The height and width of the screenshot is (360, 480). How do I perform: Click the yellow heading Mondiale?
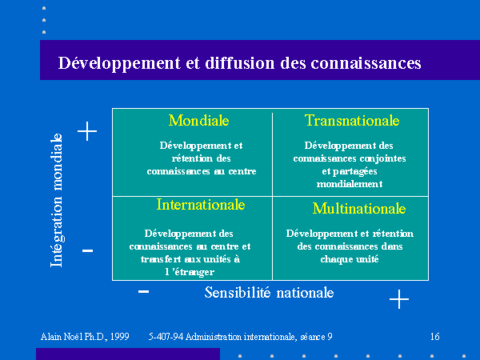tap(198, 120)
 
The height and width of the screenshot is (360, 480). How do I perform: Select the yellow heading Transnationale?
tap(352, 120)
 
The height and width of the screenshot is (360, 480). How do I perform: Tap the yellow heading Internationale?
tap(201, 205)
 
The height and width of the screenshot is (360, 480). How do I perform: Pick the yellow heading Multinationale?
tap(359, 209)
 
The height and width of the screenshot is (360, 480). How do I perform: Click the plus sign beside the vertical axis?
tap(87, 131)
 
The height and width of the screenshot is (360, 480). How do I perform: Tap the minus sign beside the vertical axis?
tap(87, 250)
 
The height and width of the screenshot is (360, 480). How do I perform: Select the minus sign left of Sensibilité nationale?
tap(143, 291)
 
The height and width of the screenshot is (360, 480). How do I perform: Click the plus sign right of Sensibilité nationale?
tap(399, 298)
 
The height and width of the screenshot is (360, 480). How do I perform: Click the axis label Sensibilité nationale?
tap(269, 293)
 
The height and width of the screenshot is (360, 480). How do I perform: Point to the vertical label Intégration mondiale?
tap(57, 200)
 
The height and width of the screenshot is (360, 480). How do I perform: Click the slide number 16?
tap(434, 337)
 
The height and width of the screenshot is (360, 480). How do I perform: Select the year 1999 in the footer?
tap(120, 337)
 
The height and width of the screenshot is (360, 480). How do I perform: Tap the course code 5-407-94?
tap(166, 337)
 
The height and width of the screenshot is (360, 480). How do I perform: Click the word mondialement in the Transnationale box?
tap(350, 184)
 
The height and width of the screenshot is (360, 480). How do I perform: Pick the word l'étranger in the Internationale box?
tap(190, 272)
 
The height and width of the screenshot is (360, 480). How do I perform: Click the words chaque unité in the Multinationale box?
tap(350, 259)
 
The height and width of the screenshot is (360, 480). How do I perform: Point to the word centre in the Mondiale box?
tap(242, 171)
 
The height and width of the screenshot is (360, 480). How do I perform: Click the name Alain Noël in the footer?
tap(62, 337)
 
